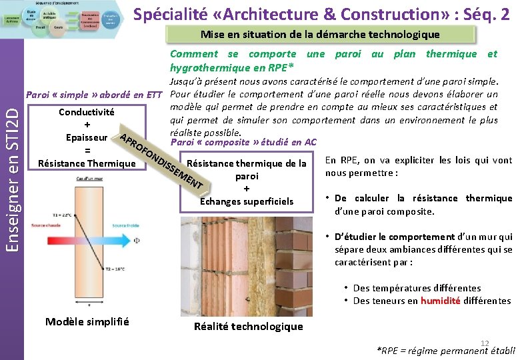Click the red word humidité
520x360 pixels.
[440, 301]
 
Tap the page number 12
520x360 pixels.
[485, 343]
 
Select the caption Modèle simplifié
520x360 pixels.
[87, 322]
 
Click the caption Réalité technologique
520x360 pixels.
[248, 326]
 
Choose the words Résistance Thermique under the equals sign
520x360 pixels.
[83, 163]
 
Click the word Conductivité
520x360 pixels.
[87, 112]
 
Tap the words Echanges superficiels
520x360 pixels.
[247, 201]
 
